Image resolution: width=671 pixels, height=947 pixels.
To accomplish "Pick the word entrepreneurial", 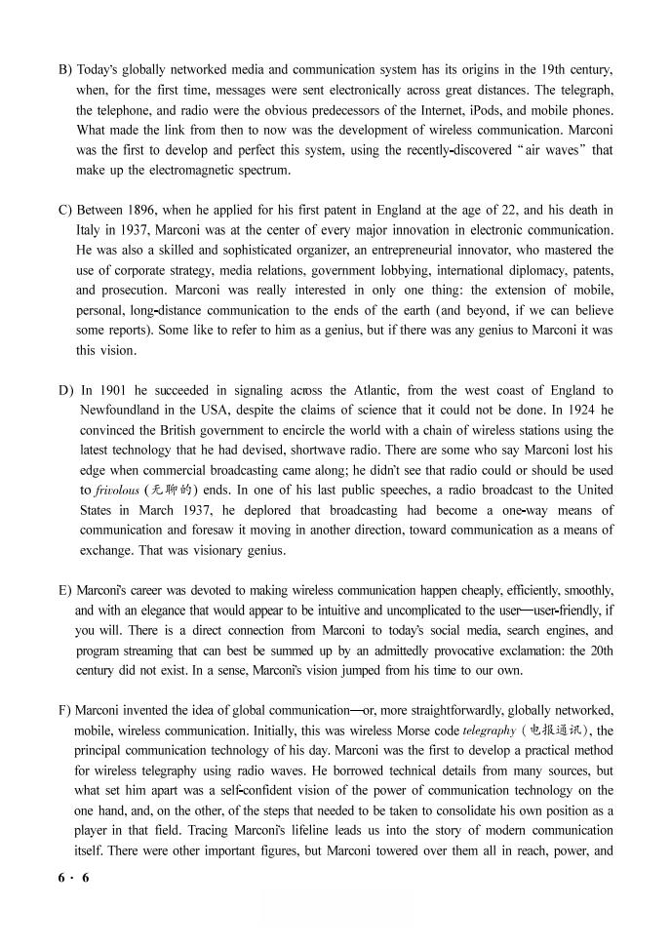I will [x=401, y=250].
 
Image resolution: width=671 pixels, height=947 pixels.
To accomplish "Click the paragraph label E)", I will [x=65, y=590].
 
